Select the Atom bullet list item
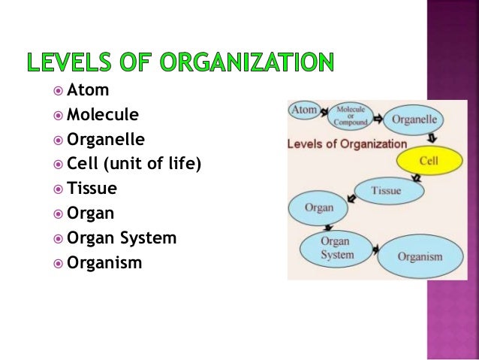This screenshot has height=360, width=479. coord(88,90)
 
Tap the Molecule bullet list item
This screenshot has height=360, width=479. coord(103,115)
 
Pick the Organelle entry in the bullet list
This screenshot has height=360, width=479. coord(106,140)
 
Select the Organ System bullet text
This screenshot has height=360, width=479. coord(122,238)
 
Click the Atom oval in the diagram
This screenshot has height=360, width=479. coord(305,110)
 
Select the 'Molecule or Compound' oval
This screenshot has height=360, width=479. coord(351,115)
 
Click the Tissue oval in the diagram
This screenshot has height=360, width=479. coord(386,191)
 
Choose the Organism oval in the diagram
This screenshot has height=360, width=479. coord(420,256)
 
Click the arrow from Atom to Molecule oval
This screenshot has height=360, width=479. coord(325,113)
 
